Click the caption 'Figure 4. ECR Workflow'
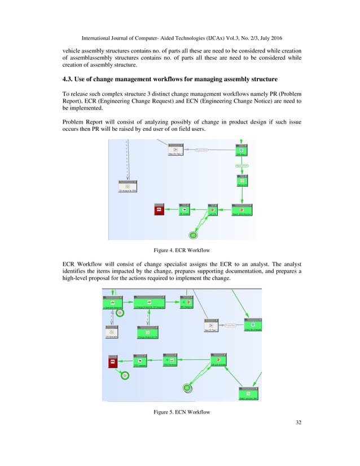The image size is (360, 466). click(x=180, y=249)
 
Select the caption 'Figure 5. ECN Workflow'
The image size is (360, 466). click(x=182, y=412)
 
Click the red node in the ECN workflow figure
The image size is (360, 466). click(x=113, y=362)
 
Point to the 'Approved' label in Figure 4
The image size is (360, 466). click(x=242, y=165)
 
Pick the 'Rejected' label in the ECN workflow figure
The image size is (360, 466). click(x=230, y=326)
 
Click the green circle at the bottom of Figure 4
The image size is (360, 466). click(x=193, y=235)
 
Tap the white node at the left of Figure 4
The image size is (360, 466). click(x=128, y=187)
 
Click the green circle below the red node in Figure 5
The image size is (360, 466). click(x=125, y=375)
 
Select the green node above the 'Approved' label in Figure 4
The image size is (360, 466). click(x=242, y=151)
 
